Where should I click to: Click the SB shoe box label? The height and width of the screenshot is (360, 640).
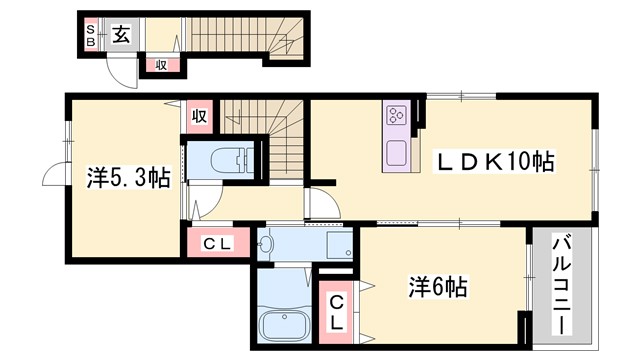[89, 36]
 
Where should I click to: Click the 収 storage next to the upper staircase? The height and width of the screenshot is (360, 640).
[199, 116]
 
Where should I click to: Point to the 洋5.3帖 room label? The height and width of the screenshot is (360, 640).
[127, 178]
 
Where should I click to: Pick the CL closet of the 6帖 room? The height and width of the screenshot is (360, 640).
[336, 311]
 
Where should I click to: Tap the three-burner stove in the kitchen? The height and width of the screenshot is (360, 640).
[393, 116]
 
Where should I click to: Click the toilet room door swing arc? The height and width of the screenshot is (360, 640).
[196, 205]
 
